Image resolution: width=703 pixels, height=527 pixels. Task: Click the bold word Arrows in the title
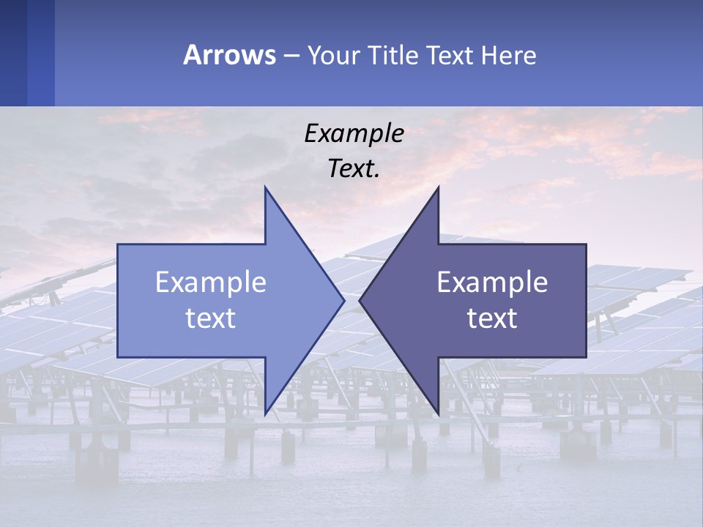(x=229, y=55)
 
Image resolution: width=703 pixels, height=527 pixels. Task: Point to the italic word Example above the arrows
(x=354, y=134)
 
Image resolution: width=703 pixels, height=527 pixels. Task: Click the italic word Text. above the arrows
(x=354, y=168)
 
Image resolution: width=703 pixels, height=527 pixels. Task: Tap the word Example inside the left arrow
(x=211, y=283)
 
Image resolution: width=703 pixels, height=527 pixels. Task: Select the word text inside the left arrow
(x=211, y=318)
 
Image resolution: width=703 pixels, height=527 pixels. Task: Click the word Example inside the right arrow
(x=492, y=283)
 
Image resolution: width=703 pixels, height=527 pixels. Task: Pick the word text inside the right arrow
(x=492, y=318)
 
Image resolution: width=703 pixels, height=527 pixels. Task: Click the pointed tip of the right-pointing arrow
(x=343, y=300)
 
